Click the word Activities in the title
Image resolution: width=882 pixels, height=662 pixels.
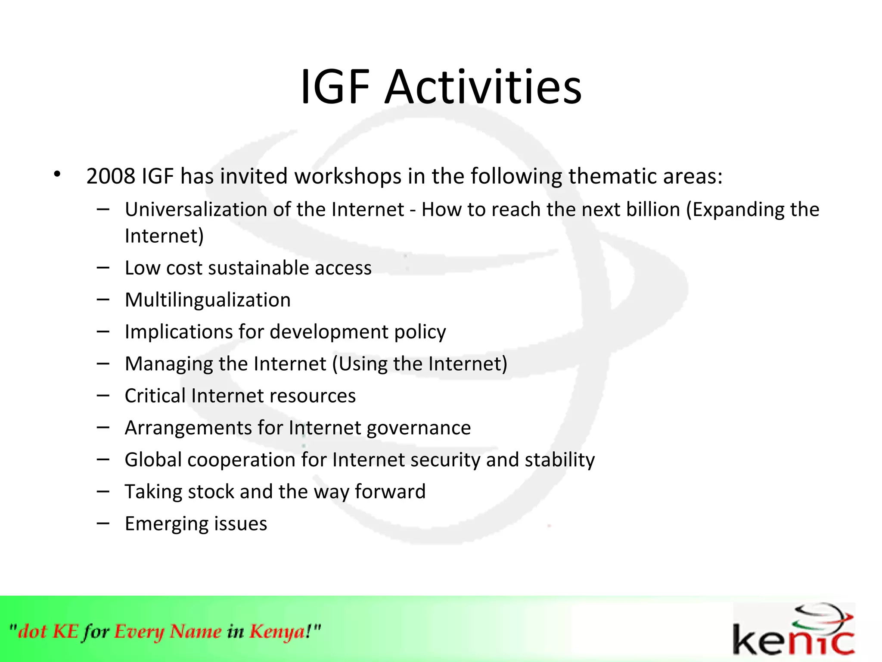[483, 87]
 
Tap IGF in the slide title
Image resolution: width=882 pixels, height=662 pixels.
[335, 87]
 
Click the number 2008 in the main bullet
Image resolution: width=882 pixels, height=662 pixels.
[111, 176]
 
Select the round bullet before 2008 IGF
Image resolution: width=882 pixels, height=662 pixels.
[57, 175]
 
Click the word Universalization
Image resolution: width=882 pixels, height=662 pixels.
[196, 209]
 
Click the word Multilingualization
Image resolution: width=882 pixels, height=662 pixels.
[208, 300]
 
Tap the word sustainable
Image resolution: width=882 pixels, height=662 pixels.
[258, 268]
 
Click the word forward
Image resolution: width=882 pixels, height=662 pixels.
[390, 492]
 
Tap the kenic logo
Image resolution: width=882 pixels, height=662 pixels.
[793, 630]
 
